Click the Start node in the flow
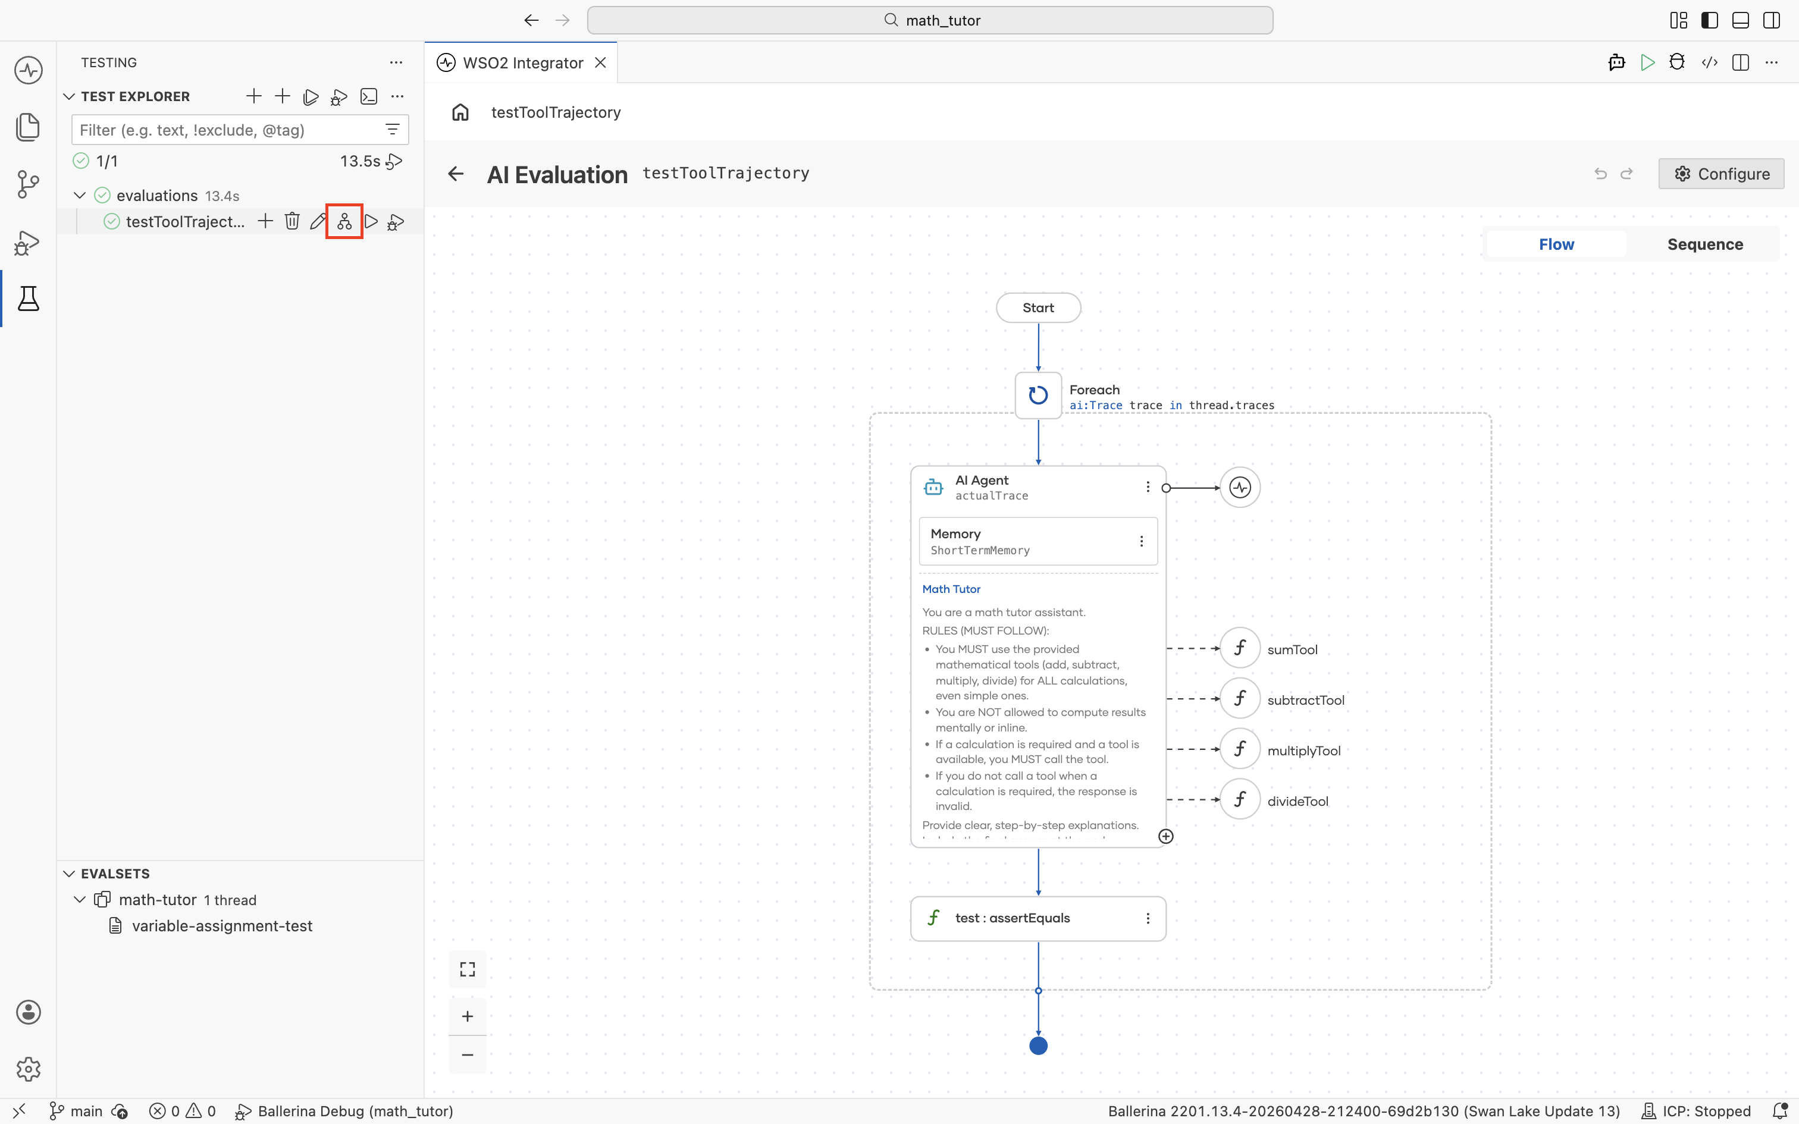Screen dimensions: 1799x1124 [x=1038, y=308]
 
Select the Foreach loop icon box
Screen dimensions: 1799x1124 [x=1038, y=395]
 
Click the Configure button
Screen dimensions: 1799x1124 [x=1721, y=174]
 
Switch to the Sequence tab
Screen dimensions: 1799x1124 [x=1704, y=244]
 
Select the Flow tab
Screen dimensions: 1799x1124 [x=1556, y=244]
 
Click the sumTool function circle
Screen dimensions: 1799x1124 [x=1240, y=648]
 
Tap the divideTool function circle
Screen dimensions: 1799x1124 [x=1240, y=800]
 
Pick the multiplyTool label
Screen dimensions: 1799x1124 [x=1304, y=751]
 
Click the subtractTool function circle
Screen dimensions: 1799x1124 [x=1240, y=699]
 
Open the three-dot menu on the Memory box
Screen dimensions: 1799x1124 [x=1141, y=541]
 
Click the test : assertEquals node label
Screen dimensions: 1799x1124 [x=1013, y=918]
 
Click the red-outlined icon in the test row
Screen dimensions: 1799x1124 [x=344, y=221]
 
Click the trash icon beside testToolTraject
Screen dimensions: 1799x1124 [x=292, y=221]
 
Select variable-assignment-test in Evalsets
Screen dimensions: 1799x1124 [x=222, y=927]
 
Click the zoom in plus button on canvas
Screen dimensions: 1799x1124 [x=468, y=1016]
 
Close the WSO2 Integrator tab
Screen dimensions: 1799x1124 [x=601, y=63]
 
